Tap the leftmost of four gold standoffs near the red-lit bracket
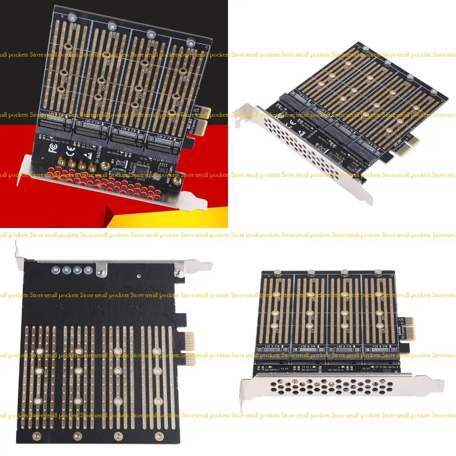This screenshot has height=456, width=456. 59,163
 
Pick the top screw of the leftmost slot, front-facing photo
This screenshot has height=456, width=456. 277,272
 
